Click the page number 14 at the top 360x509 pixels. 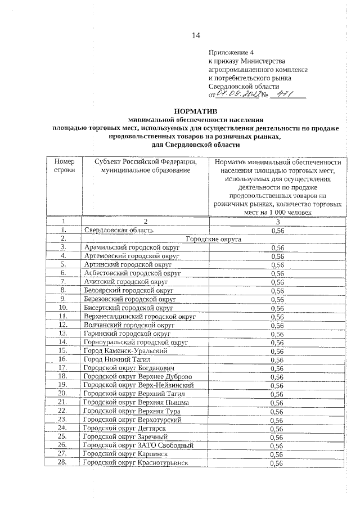(196, 36)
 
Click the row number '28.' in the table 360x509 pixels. (62, 463)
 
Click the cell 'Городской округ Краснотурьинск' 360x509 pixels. (135, 463)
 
